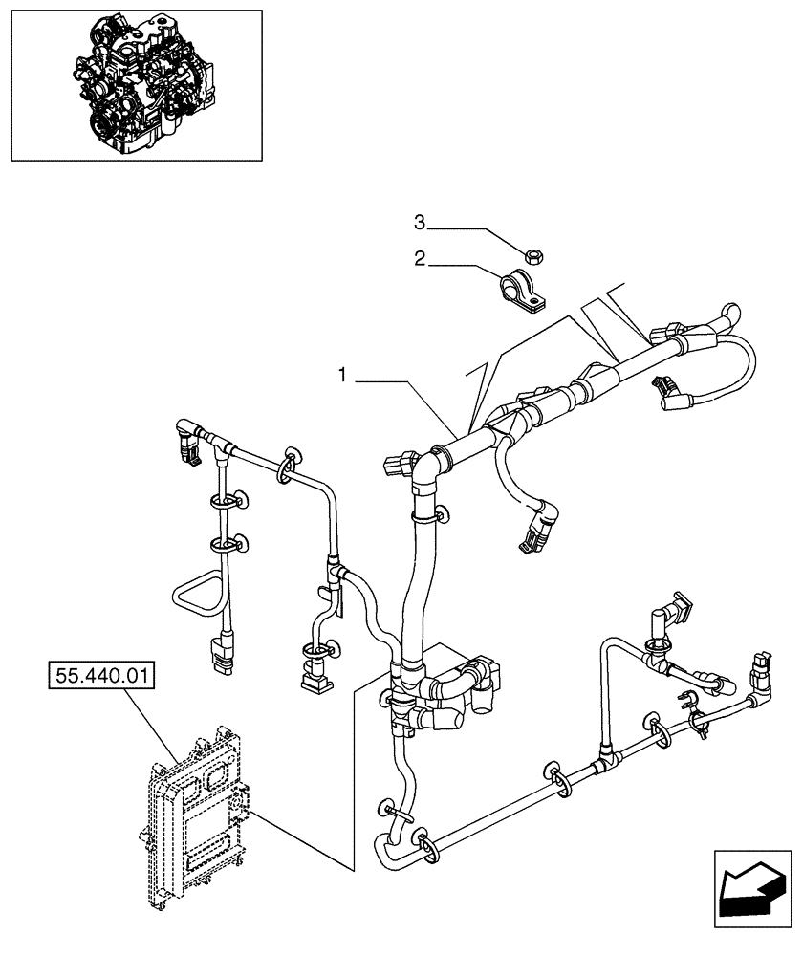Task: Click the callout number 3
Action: click(x=419, y=223)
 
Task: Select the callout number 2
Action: click(x=419, y=257)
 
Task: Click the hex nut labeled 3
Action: click(x=535, y=253)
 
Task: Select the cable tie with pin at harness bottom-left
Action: click(x=400, y=814)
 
